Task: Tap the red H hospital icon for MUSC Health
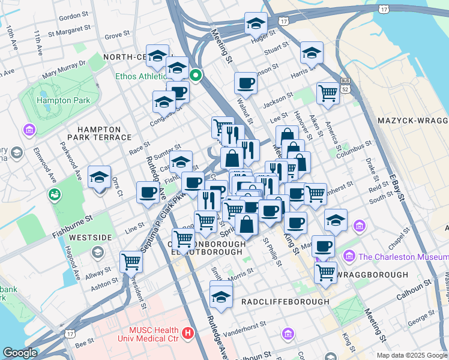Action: (188, 332)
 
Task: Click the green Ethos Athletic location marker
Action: (195, 76)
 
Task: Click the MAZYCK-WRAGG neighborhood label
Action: (412, 121)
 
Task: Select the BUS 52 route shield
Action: (345, 85)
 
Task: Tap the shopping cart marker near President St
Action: (131, 261)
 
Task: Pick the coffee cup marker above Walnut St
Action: (246, 83)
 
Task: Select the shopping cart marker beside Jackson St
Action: (328, 93)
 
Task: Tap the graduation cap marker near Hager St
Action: (256, 23)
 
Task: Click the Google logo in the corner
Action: (20, 353)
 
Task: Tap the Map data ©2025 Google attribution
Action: (411, 355)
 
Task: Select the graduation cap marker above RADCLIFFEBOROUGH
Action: (221, 296)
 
